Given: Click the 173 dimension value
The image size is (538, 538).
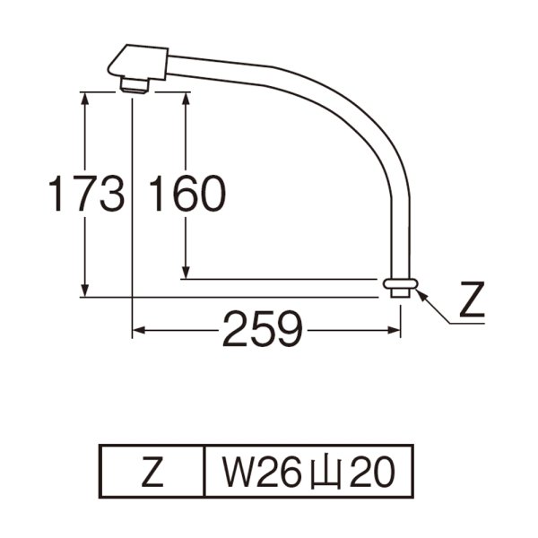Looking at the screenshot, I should click(x=85, y=194).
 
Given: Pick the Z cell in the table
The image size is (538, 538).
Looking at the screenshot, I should click(x=152, y=472).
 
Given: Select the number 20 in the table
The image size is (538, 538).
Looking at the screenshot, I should click(x=370, y=472).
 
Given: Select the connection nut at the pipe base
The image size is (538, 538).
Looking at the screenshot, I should click(x=400, y=286).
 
